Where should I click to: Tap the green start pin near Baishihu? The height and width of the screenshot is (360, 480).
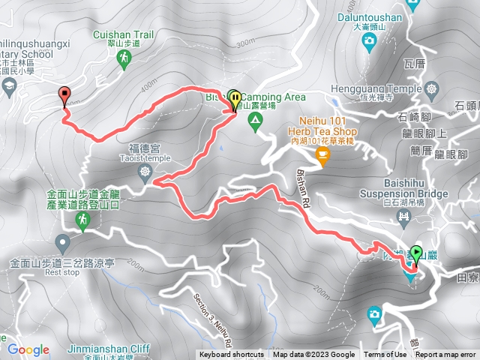415,254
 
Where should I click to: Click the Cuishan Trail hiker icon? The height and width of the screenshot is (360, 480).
126,58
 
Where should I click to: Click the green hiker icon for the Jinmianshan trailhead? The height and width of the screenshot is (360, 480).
82,220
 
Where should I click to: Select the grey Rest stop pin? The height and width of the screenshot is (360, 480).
62,242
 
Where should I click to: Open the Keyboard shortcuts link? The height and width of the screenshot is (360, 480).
232,355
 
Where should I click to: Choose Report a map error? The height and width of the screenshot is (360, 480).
445,355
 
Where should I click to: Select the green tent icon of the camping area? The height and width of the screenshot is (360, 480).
256,118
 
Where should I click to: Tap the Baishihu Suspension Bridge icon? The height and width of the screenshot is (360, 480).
405,218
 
